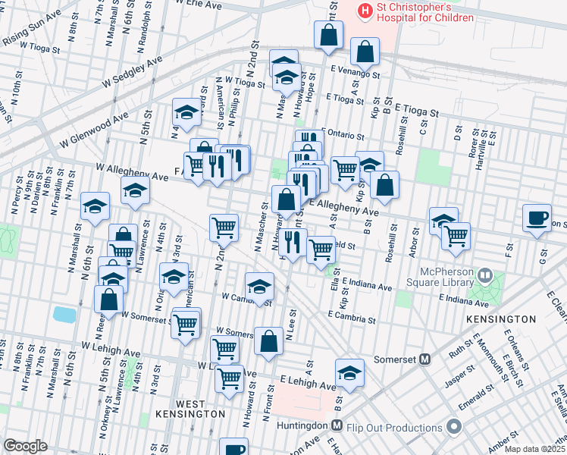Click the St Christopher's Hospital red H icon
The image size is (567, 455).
[x=366, y=11]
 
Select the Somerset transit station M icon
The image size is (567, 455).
[x=425, y=359]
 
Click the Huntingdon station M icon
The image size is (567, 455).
[x=337, y=428]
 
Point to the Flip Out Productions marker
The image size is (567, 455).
[x=454, y=428]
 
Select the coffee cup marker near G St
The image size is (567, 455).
[x=537, y=218]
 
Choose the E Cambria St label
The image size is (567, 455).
[x=352, y=319]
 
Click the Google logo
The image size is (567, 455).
[x=25, y=446]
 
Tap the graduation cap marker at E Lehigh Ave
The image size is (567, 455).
[x=349, y=372]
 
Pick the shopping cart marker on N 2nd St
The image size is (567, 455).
[x=224, y=227]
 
